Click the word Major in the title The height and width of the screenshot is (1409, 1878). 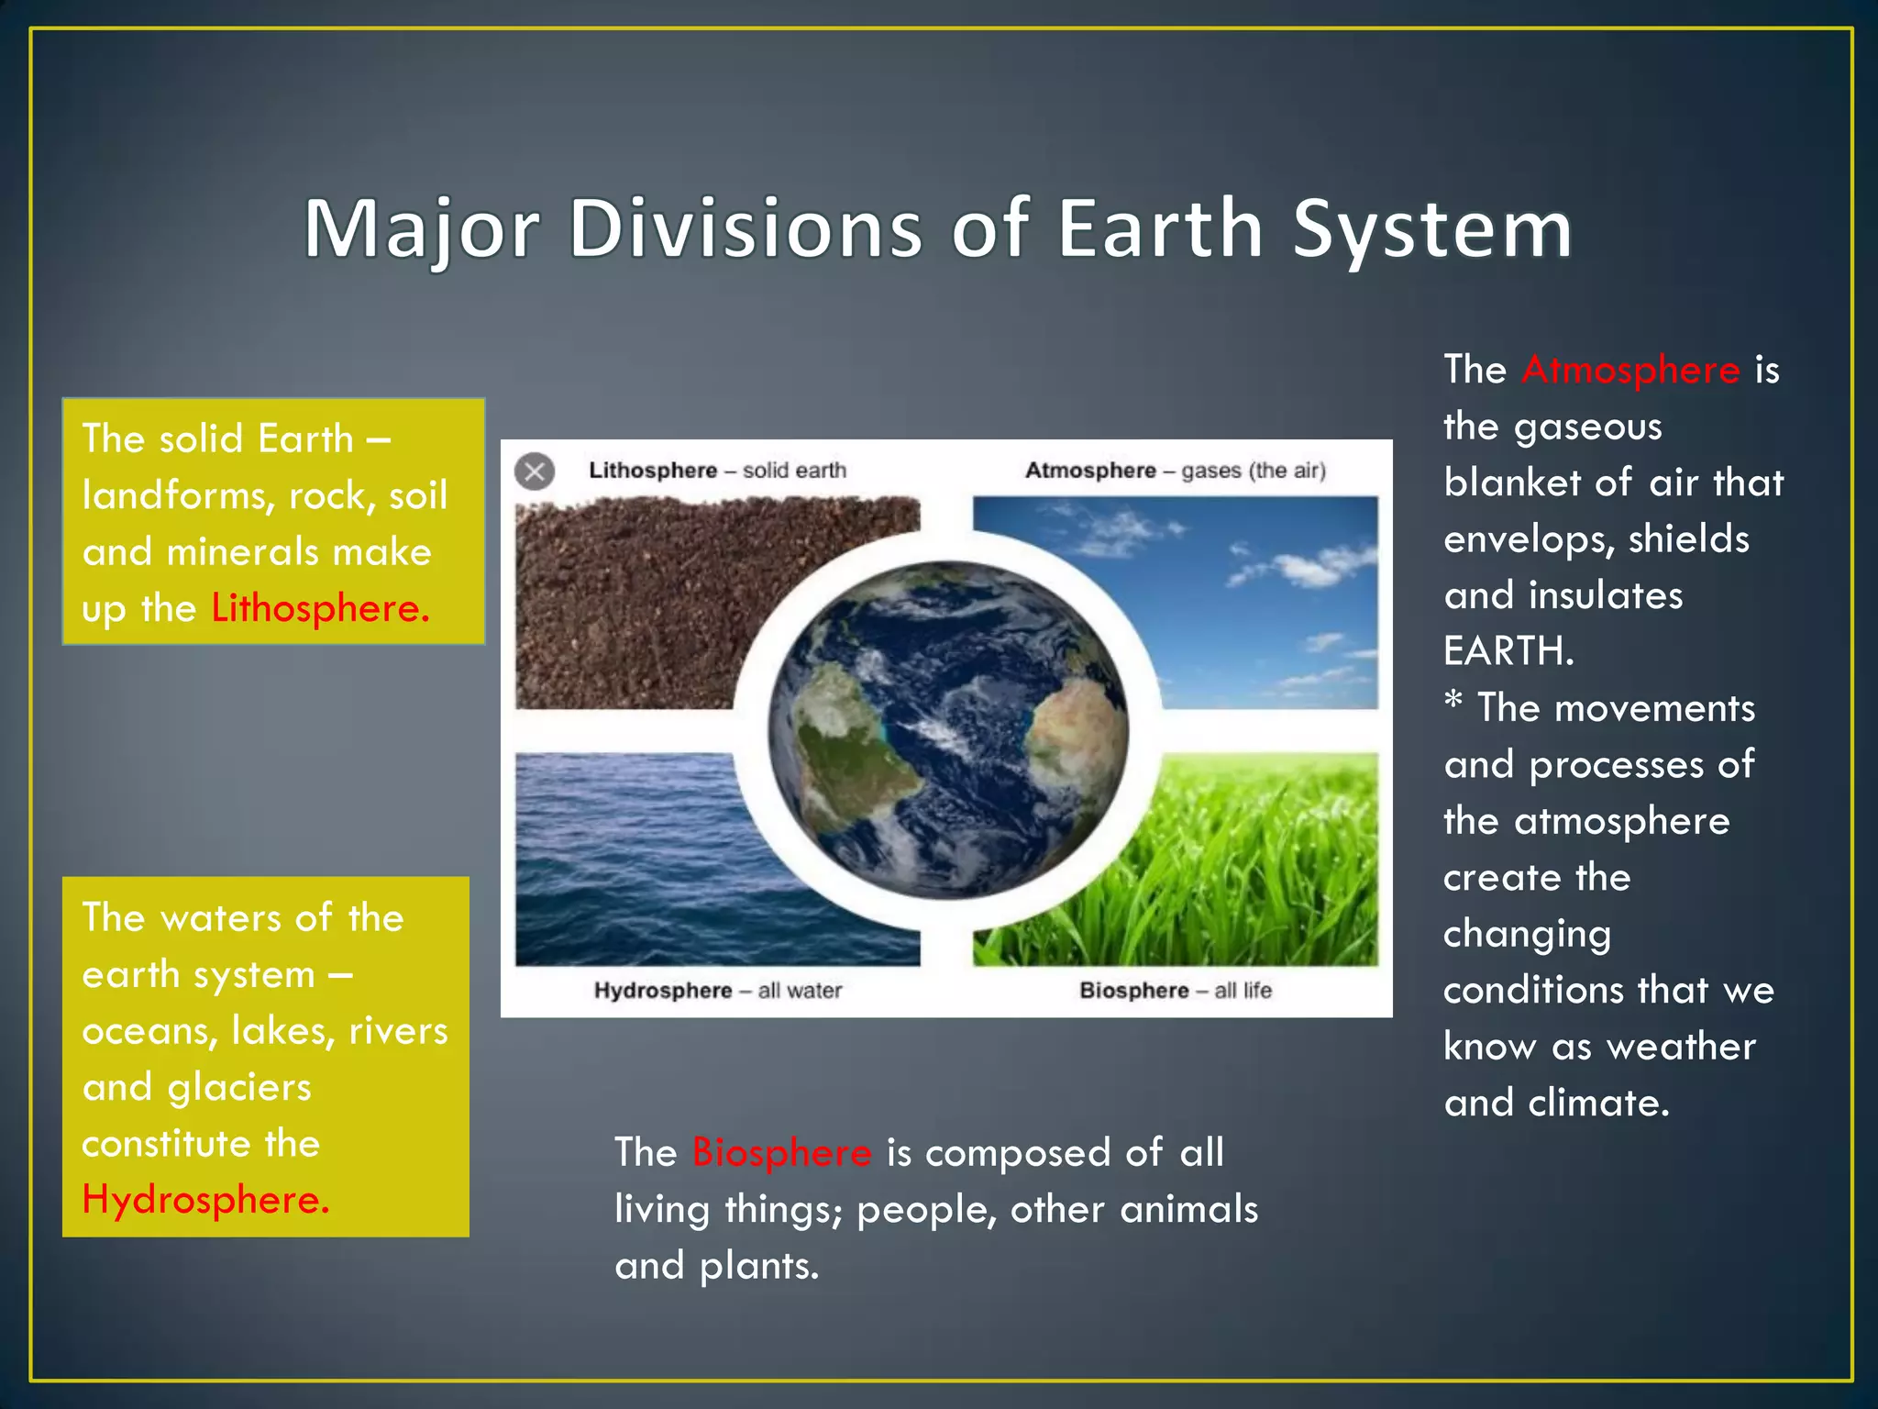(421, 229)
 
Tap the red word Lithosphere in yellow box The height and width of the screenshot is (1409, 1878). (319, 609)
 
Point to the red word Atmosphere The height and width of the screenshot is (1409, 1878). (1630, 371)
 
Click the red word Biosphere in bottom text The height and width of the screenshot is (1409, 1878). (781, 1153)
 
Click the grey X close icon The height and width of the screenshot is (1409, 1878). (535, 472)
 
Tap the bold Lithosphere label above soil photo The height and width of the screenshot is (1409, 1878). (652, 471)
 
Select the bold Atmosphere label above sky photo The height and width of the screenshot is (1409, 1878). (1089, 471)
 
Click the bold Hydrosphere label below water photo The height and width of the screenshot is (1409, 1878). (662, 991)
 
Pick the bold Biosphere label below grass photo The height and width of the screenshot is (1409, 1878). (1133, 991)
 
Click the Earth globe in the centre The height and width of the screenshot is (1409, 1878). (947, 729)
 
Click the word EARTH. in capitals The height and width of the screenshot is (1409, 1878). (1508, 652)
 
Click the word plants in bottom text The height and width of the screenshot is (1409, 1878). (758, 1267)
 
